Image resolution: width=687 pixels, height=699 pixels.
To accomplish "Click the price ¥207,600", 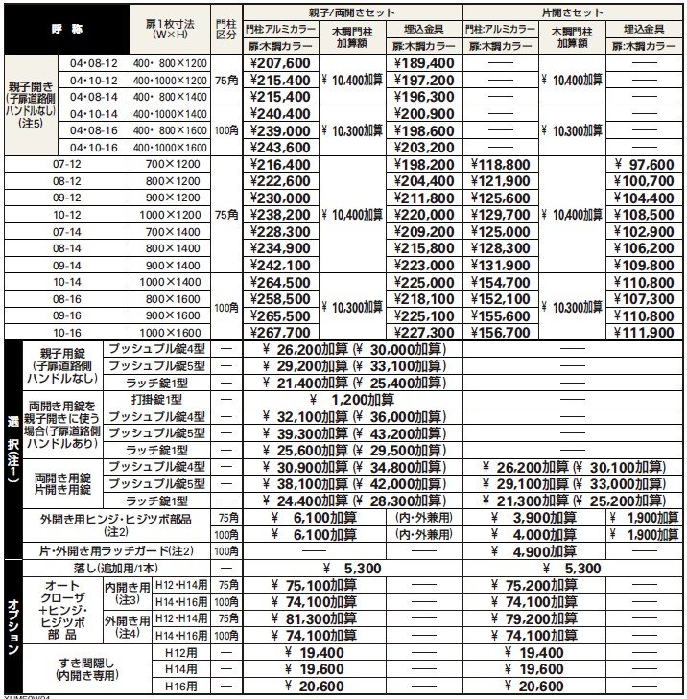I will pos(281,63).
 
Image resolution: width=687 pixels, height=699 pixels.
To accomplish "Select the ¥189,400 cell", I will pos(423,63).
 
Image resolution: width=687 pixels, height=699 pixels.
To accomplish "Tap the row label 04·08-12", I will pos(94,63).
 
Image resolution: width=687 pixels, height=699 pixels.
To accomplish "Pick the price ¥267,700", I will pos(281,333).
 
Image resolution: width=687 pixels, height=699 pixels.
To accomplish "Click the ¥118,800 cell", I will pos(500,165).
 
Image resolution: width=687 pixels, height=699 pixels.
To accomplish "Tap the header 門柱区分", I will pos(226,29).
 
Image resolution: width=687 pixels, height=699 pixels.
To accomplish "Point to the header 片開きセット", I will pos(573,12).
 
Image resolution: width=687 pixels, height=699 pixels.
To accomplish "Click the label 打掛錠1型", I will pos(159,399).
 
